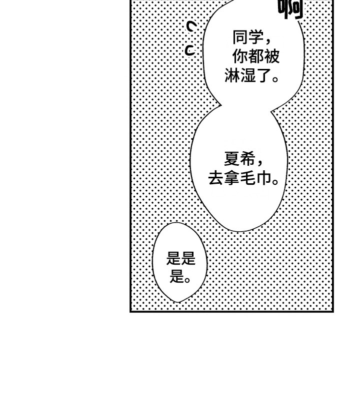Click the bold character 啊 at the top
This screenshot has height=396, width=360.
[290, 9]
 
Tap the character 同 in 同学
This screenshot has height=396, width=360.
[240, 37]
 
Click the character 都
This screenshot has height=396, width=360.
[256, 56]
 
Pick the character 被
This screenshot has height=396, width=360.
[272, 56]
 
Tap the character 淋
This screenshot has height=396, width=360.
[232, 76]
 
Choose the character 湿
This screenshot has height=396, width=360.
[248, 76]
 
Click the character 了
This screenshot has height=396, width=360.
[264, 76]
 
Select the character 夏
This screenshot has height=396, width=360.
[232, 160]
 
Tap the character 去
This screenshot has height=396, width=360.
[216, 179]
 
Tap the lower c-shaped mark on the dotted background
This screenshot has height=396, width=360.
[190, 50]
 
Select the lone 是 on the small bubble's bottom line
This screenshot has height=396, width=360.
[176, 276]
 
